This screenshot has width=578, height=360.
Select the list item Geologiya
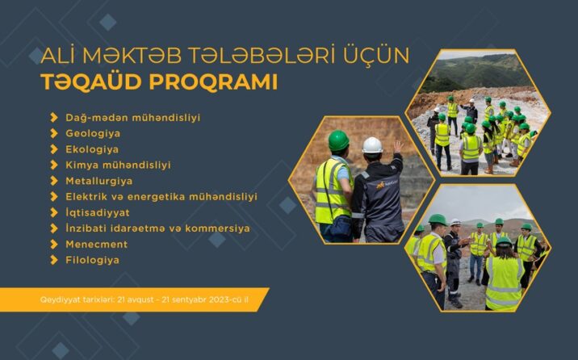point(93,133)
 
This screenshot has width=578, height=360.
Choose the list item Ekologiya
point(92,149)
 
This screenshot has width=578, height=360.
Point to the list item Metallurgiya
point(98,181)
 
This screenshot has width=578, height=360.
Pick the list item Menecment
point(96,244)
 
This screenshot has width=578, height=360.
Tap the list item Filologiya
point(92,260)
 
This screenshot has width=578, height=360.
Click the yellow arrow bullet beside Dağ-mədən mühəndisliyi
point(54,118)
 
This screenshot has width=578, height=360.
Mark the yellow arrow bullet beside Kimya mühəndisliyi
point(54,165)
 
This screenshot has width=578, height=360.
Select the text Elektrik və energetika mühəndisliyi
point(161,196)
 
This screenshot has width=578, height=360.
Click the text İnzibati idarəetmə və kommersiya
point(157,228)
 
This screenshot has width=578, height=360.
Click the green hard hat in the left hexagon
point(338,140)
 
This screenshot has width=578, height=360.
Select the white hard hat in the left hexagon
point(372,145)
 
